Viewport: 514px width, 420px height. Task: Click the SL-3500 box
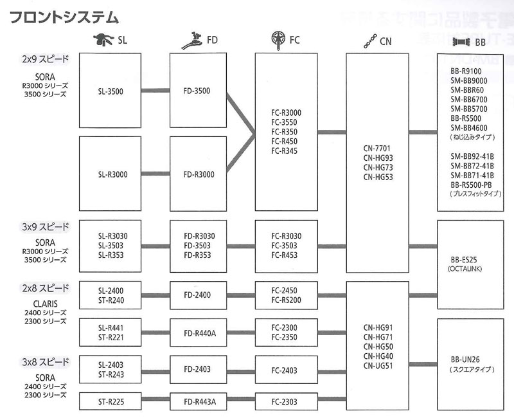(111, 91)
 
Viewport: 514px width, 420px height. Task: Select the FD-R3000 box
(199, 174)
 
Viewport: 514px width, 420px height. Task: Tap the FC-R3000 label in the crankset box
(286, 113)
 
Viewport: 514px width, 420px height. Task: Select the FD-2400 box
(199, 295)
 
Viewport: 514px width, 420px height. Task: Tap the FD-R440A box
(199, 333)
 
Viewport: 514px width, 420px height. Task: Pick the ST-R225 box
(111, 402)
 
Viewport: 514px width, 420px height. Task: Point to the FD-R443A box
(199, 402)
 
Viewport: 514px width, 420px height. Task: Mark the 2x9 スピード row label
(45, 59)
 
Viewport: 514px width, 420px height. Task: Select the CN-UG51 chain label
(377, 365)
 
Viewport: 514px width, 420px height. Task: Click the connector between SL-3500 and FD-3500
(155, 91)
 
